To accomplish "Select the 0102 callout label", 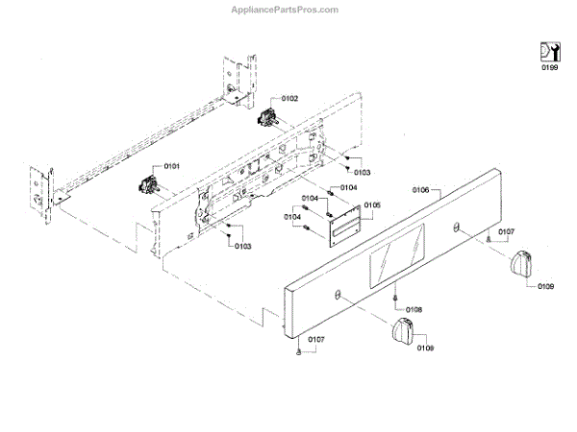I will click(289, 99).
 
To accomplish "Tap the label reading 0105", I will click(372, 205).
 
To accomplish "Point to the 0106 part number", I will click(420, 190).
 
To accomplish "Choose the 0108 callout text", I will click(414, 309).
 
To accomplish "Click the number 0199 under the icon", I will click(548, 69).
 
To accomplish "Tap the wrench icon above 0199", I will click(548, 52).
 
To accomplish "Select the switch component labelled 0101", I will click(149, 182).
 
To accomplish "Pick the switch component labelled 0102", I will click(268, 119).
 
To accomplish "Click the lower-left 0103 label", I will click(241, 247).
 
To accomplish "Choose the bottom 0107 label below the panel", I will click(315, 339).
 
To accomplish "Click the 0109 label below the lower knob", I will click(425, 348).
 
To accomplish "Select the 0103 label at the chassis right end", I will click(362, 172).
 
